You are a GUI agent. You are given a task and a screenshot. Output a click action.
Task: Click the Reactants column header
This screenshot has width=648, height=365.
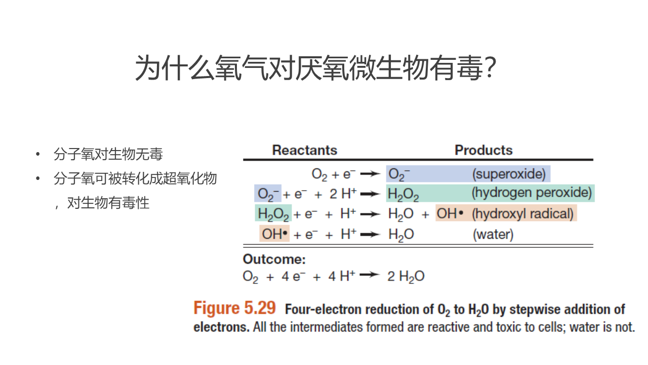(x=304, y=150)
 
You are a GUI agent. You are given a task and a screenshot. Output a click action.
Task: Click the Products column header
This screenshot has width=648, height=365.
(x=483, y=150)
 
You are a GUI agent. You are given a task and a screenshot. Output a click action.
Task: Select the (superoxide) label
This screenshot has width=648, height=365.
(x=509, y=174)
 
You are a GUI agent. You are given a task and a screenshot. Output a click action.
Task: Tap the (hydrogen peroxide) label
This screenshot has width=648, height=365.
(x=532, y=193)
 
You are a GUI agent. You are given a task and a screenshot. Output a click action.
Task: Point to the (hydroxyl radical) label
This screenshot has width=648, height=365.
(x=522, y=214)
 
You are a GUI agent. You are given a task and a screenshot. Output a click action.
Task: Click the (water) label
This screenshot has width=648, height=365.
(x=493, y=234)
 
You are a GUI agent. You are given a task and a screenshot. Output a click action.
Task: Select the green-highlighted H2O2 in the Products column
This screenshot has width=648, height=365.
(x=403, y=194)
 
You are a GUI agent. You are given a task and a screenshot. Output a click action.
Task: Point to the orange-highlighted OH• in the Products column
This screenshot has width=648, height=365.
(x=450, y=214)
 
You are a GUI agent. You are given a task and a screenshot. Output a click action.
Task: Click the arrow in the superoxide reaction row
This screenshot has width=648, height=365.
(x=371, y=174)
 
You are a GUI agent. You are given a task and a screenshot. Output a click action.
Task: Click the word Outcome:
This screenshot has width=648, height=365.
(x=274, y=260)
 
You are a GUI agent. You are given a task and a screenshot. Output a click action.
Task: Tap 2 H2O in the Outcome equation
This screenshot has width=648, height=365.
(x=406, y=276)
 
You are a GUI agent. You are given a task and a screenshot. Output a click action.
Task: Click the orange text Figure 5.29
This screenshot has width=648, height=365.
(x=235, y=308)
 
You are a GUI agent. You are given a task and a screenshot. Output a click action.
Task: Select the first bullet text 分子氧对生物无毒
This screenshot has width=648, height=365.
(x=108, y=154)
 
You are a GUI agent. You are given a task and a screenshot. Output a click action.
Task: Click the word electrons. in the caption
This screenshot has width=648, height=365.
(x=221, y=327)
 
